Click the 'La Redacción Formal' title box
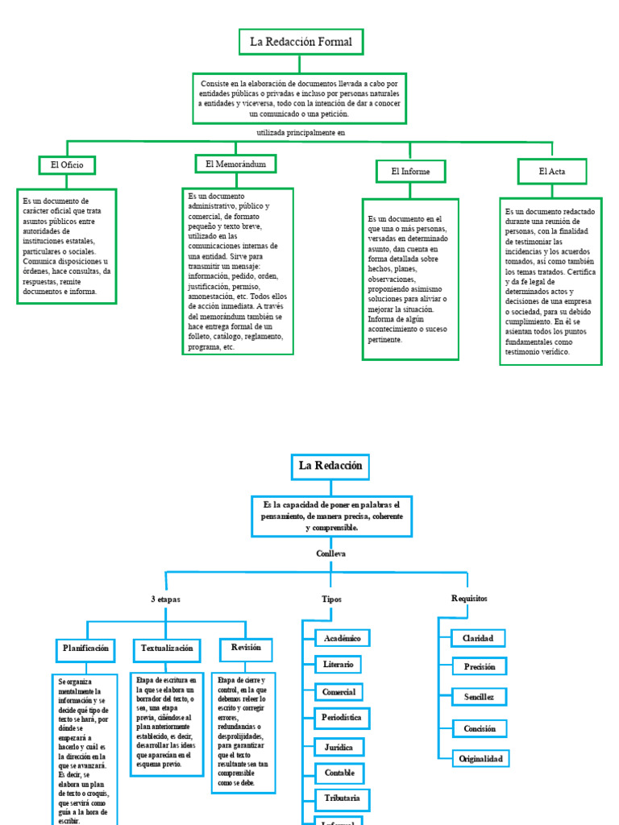pyautogui.click(x=301, y=42)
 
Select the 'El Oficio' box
pyautogui.click(x=67, y=165)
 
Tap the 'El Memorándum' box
pyautogui.click(x=235, y=164)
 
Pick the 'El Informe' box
pyautogui.click(x=410, y=172)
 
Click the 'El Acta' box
pyautogui.click(x=552, y=172)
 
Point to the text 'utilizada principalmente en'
pyautogui.click(x=300, y=133)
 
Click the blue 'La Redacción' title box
pyautogui.click(x=330, y=466)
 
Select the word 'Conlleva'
pyautogui.click(x=331, y=554)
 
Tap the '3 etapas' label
pyautogui.click(x=165, y=599)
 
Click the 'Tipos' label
pyautogui.click(x=332, y=599)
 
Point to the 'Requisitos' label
pyautogui.click(x=469, y=599)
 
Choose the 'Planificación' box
pyautogui.click(x=85, y=649)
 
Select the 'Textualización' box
pyautogui.click(x=167, y=649)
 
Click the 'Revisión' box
pyautogui.click(x=246, y=649)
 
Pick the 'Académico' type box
pyautogui.click(x=342, y=638)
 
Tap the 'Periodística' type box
pyautogui.click(x=341, y=717)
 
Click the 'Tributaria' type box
pyautogui.click(x=342, y=798)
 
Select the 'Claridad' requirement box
pyautogui.click(x=478, y=638)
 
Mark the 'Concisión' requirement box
pyautogui.click(x=479, y=728)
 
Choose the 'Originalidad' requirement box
pyautogui.click(x=480, y=759)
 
